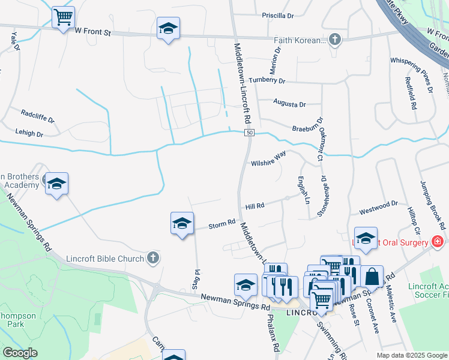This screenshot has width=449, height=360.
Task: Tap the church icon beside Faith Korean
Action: (335, 41)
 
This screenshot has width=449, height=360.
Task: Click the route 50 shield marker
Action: (249, 133)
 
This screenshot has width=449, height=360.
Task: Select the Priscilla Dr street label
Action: (277, 16)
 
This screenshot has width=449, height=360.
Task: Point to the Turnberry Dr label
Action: (267, 80)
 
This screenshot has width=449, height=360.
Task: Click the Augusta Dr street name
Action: (289, 104)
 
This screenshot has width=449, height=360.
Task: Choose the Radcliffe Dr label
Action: (37, 113)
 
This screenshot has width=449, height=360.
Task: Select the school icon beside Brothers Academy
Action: (56, 184)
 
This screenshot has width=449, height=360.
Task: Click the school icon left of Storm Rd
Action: (182, 224)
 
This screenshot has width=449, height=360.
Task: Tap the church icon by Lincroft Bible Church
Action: (153, 258)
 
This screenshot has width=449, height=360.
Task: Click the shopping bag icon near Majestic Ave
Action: (372, 276)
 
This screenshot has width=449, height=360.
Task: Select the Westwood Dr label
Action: (378, 208)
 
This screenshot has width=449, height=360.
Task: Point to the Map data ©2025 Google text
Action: (411, 355)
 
